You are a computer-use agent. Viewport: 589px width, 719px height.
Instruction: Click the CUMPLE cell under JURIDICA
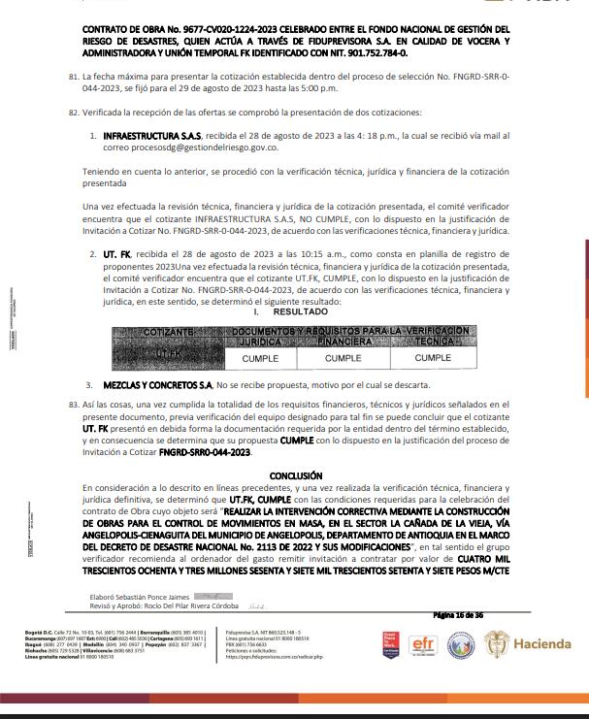point(252,358)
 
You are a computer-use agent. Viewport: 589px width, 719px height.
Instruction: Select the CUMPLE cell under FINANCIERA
point(343,358)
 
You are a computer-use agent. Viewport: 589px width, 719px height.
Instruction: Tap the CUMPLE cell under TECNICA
point(433,358)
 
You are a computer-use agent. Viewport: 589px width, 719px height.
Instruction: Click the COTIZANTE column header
point(168,332)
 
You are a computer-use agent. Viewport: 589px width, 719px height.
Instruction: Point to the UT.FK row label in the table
point(168,353)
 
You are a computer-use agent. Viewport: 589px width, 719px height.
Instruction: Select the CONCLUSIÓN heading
point(295,475)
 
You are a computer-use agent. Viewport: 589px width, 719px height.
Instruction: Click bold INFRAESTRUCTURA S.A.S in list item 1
point(156,139)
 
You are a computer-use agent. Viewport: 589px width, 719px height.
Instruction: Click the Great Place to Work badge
point(390,645)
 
